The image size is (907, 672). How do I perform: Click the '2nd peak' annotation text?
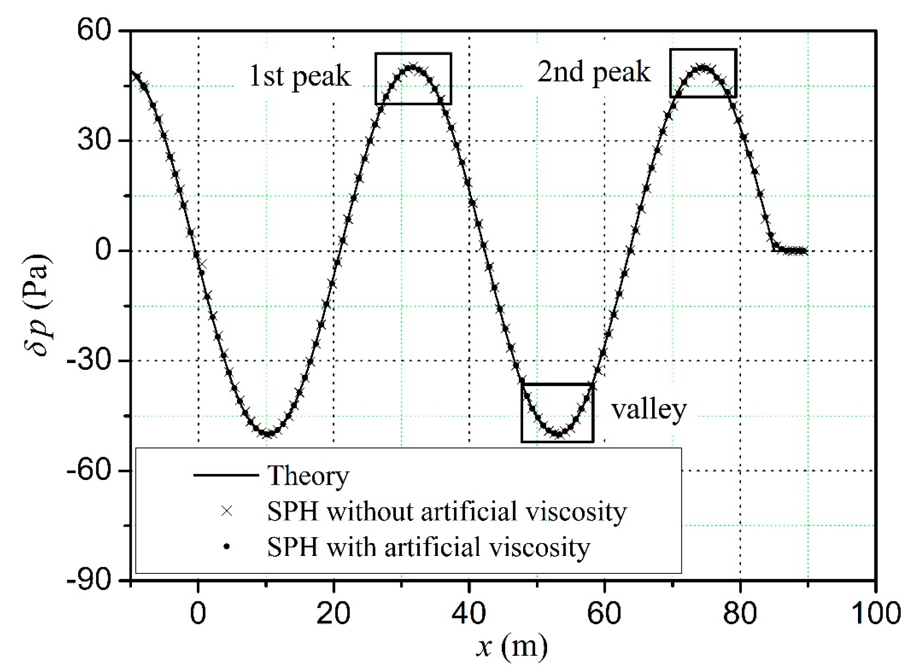click(594, 72)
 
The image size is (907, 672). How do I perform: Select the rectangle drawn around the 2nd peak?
click(703, 50)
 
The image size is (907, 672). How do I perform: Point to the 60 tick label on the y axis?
click(95, 31)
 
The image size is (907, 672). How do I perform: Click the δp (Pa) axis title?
click(38, 305)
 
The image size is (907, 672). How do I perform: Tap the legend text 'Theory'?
click(308, 476)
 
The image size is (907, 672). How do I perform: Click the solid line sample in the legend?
click(226, 475)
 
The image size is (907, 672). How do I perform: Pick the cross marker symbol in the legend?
click(227, 511)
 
